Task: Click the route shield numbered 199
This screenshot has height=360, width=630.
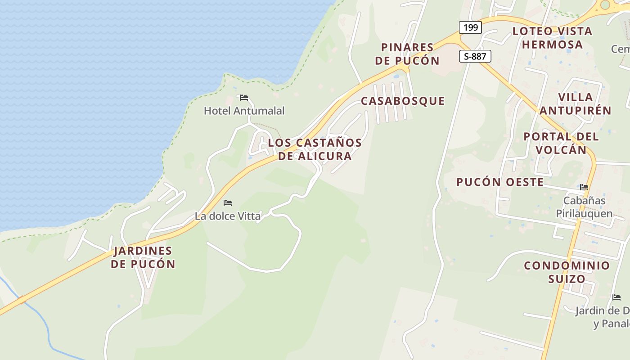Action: point(470,27)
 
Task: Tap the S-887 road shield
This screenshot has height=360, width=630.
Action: point(475,56)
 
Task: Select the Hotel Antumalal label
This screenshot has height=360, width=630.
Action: point(244,111)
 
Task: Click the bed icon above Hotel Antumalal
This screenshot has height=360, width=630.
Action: point(244,97)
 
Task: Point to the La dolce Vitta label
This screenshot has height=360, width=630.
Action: point(228,216)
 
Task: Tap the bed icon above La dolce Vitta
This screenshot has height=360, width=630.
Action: point(228,203)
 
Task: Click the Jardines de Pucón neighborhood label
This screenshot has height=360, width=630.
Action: point(143,257)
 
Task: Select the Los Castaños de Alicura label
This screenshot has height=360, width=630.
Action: point(315,149)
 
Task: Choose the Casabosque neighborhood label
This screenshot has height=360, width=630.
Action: point(403,101)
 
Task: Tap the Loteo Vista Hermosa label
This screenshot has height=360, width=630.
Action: point(552,38)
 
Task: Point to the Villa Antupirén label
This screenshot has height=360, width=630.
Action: point(575,104)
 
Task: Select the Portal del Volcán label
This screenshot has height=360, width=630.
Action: point(561,143)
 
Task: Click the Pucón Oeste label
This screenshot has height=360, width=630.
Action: point(500,182)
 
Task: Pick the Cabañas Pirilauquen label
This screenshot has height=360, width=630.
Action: point(585,207)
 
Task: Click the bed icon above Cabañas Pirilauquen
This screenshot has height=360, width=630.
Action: point(584,187)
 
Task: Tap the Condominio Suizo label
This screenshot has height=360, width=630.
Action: point(567,272)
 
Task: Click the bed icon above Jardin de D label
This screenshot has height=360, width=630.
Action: point(616,297)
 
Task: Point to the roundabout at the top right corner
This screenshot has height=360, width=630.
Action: point(605,4)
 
